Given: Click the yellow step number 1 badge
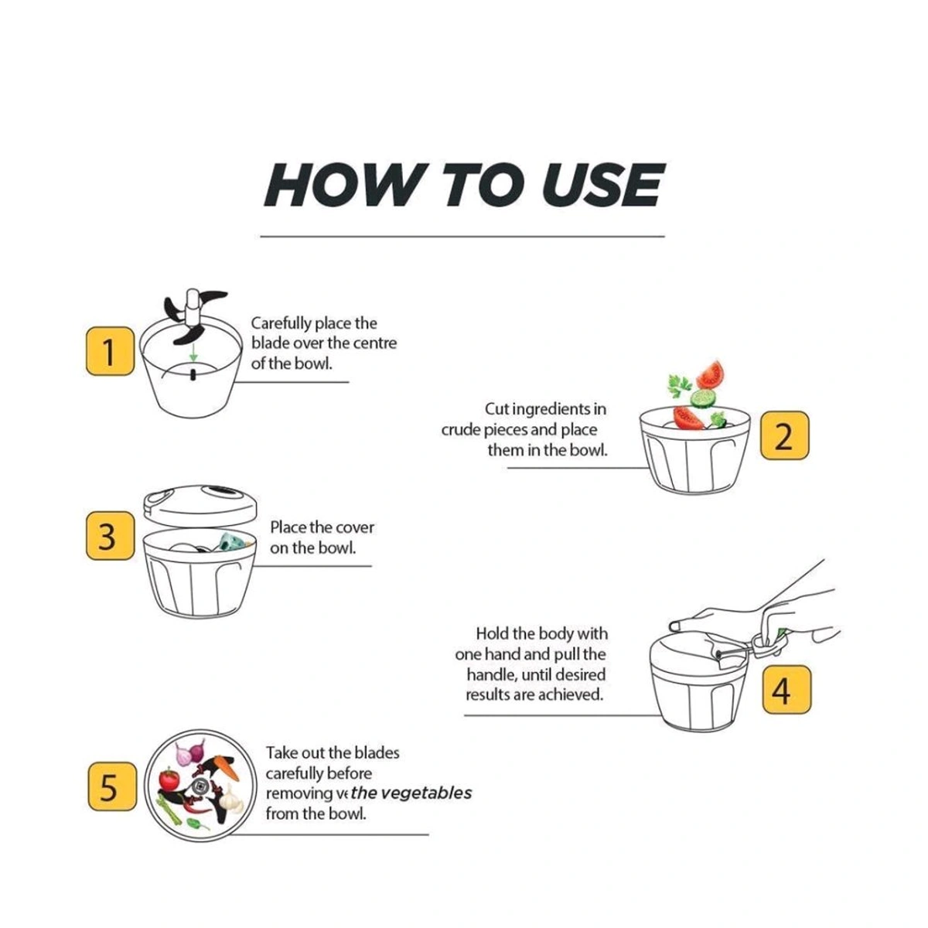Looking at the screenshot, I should [109, 352].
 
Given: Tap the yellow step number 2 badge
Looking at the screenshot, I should [784, 436].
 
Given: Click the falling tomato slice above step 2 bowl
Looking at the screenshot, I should [709, 375].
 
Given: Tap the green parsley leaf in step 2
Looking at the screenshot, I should [679, 384].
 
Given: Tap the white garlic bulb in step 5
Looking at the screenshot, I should [230, 801].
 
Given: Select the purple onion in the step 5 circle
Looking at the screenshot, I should [189, 752].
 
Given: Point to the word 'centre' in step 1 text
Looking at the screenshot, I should [375, 343].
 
